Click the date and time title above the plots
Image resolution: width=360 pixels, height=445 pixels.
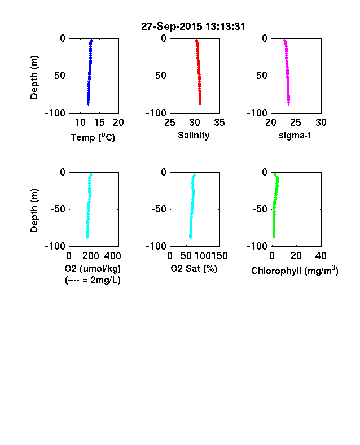coord(193,27)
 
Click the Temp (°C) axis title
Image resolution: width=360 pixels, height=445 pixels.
coord(93,137)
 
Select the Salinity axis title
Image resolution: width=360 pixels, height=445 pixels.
coord(194,135)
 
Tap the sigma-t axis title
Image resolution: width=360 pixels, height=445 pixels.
coord(295,136)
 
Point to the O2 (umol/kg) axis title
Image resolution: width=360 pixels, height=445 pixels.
coord(93,268)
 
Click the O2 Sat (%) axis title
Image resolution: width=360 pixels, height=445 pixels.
coord(194,268)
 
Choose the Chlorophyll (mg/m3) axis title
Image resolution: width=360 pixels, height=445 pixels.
coord(295,271)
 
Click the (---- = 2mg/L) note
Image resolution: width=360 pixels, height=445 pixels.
coord(93,280)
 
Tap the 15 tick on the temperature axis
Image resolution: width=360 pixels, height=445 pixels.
coord(99,123)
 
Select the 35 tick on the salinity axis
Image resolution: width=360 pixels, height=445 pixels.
coord(219,123)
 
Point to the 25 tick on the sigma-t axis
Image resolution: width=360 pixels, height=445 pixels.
coord(295,123)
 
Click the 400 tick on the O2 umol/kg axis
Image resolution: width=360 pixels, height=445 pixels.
coord(112,256)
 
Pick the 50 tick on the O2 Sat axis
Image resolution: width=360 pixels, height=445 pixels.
coord(186,256)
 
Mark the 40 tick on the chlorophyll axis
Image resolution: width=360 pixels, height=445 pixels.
coord(321,256)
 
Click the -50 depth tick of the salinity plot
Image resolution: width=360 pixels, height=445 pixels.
coord(159,76)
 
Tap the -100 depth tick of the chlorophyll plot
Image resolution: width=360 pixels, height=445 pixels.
coord(257,246)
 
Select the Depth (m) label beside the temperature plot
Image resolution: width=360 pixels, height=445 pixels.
coord(34,77)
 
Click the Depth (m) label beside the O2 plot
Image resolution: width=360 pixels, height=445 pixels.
coord(34,211)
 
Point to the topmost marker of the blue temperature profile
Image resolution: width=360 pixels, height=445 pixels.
coord(91,41)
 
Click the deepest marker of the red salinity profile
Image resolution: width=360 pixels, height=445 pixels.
coord(200,104)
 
